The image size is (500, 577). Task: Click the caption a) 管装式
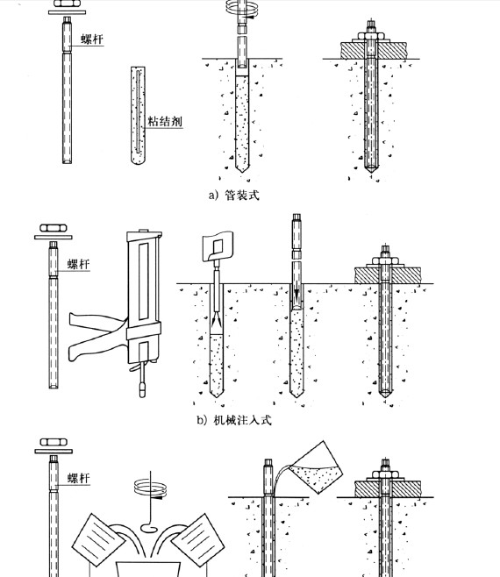[x=234, y=195]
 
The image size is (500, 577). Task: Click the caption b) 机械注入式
[x=234, y=420]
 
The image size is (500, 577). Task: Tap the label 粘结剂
[x=165, y=121]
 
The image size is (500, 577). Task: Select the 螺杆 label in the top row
[x=92, y=39]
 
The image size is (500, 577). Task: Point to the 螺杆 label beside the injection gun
[x=78, y=264]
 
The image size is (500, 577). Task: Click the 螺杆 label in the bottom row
[x=78, y=478]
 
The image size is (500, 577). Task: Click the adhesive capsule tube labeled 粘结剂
[x=138, y=115]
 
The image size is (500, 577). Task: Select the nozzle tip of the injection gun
[x=143, y=389]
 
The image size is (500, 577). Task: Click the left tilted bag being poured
[x=98, y=540]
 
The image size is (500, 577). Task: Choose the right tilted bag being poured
[x=197, y=540]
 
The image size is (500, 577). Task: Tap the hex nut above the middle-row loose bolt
[x=54, y=228]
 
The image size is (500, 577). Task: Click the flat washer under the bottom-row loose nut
[x=54, y=451]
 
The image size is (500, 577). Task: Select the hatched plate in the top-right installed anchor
[x=374, y=50]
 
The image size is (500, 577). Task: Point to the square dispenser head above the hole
[x=218, y=246]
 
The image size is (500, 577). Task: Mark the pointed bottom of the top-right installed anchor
[x=371, y=172]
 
